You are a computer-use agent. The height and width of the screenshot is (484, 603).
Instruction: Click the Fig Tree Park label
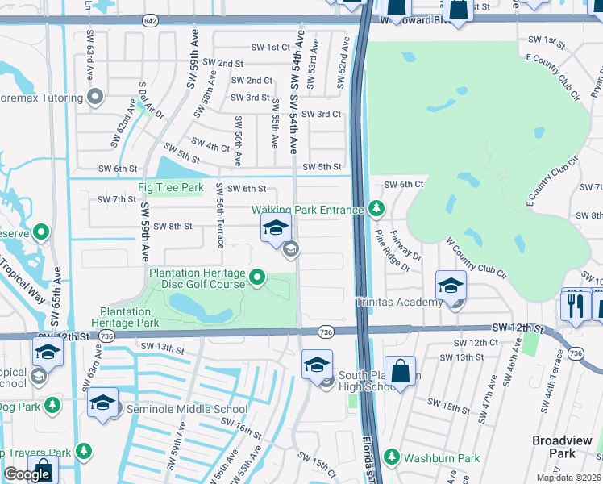(x=171, y=188)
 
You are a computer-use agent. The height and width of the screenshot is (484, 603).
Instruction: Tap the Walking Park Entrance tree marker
(x=376, y=209)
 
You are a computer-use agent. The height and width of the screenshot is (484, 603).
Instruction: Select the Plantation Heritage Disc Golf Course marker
(x=257, y=278)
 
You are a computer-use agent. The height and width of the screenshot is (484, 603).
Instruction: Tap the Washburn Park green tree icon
(x=392, y=457)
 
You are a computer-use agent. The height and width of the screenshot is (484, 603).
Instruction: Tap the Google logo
(x=27, y=474)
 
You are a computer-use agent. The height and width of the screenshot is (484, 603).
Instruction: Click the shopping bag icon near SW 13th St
(x=400, y=373)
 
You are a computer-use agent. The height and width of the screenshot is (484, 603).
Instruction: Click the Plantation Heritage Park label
(x=129, y=317)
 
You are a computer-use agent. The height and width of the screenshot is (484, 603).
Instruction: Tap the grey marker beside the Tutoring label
(x=95, y=98)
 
